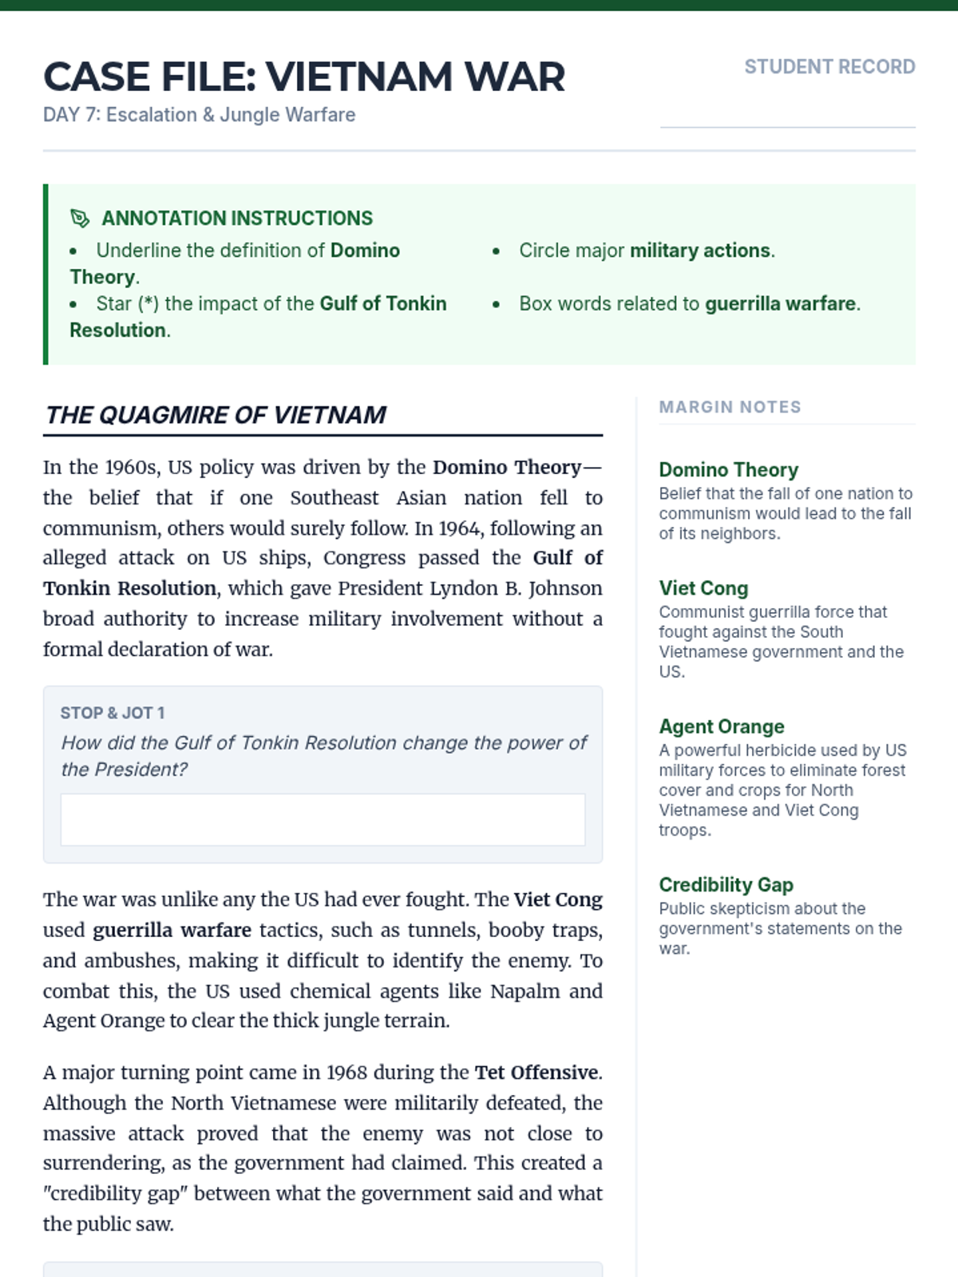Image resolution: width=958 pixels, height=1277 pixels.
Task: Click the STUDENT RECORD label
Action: coord(829,67)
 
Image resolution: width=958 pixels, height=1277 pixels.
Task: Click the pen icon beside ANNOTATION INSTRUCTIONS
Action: coord(80,218)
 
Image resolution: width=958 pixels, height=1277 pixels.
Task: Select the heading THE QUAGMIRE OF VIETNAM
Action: coord(216,415)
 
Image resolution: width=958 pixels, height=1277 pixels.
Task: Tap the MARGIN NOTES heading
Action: coord(730,407)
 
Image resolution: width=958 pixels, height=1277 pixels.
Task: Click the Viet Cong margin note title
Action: coord(703,588)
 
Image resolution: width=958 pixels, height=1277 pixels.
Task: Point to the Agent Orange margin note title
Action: coord(721,726)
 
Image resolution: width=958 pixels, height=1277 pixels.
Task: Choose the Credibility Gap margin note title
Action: coord(726,884)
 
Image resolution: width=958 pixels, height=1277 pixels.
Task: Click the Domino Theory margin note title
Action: coord(728,469)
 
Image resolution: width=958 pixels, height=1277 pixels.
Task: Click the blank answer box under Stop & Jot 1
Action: coord(323,820)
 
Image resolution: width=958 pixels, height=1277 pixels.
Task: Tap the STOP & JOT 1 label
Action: coord(113,713)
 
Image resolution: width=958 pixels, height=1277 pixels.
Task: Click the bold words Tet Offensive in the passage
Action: coord(536,1072)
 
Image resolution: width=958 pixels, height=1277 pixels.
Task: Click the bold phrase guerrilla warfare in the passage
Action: coord(172,930)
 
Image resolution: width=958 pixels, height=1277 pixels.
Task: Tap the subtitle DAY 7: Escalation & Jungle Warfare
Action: coord(199,115)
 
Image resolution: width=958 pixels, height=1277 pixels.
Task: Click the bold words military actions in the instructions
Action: coord(700,251)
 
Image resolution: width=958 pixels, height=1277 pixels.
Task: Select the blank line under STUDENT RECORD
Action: coord(787,126)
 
